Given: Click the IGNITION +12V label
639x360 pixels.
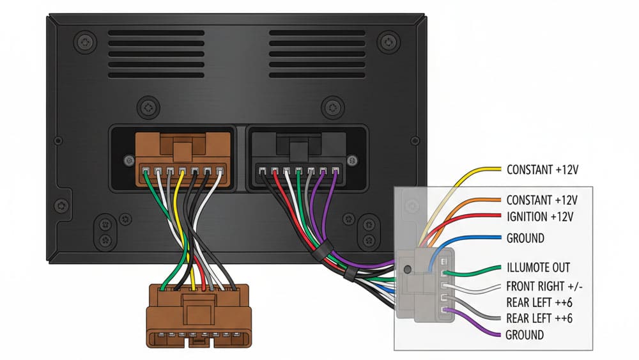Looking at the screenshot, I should click(x=539, y=217).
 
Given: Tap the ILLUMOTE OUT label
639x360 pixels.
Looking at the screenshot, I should click(x=537, y=267).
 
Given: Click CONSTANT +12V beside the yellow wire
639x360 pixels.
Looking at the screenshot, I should click(x=541, y=170).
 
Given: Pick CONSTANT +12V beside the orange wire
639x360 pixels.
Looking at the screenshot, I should click(x=541, y=200).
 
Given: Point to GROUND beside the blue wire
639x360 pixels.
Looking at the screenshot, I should click(x=525, y=238).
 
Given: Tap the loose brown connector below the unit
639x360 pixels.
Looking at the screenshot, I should click(x=199, y=316).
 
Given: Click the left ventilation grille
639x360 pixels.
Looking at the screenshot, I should click(x=155, y=54).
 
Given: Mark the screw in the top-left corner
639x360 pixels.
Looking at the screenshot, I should click(x=85, y=43).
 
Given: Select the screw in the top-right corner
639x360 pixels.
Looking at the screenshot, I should click(x=388, y=43).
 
